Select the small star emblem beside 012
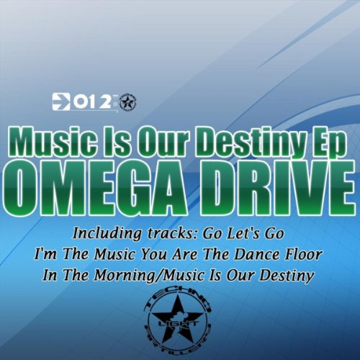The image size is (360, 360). tap(128, 102)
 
